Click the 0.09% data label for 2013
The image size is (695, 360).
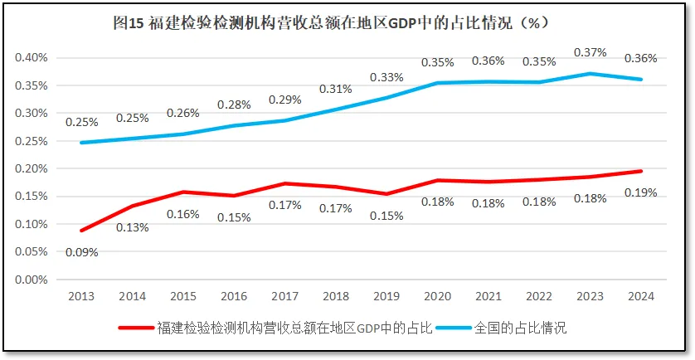[x=83, y=252]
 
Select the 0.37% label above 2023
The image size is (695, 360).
[x=590, y=52]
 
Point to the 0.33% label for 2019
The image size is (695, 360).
[x=386, y=77]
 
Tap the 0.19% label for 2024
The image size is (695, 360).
[x=640, y=192]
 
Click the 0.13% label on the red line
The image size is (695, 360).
[x=133, y=227]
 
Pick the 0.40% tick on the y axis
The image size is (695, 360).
[x=32, y=58]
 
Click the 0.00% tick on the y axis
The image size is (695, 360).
[x=32, y=280]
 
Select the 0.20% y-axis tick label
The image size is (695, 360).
[x=32, y=168]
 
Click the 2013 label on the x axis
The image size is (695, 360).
[x=82, y=296]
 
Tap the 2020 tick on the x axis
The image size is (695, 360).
[x=437, y=296]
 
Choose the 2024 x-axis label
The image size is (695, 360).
[x=640, y=296]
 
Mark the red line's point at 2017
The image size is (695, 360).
[x=285, y=183]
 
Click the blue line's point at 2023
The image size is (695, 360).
[x=590, y=74]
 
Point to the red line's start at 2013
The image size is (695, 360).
[x=82, y=231]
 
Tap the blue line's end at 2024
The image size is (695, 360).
[x=640, y=80]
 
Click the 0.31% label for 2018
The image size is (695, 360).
[x=336, y=89]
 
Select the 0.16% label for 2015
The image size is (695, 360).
[x=183, y=214]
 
